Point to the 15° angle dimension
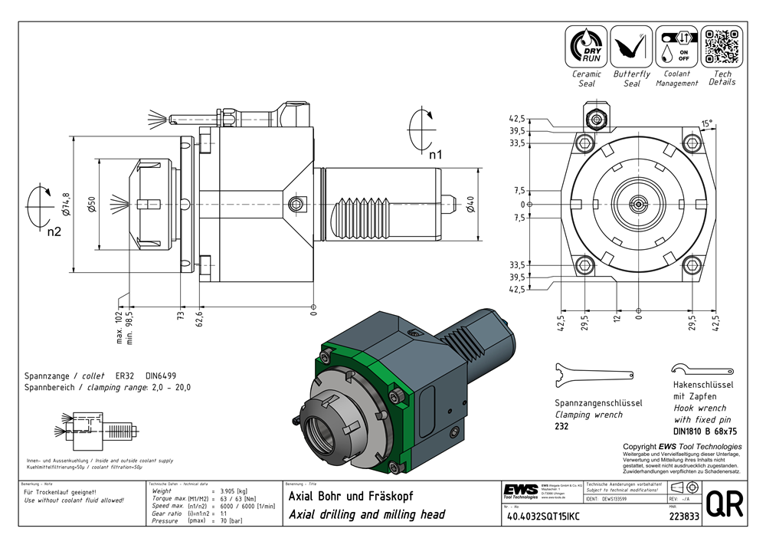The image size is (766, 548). [706, 123]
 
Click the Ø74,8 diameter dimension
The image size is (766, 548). [66, 203]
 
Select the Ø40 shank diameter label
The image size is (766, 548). [470, 205]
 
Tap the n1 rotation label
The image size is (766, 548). [435, 155]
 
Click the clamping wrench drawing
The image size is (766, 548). [593, 374]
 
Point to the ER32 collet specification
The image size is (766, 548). [124, 376]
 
